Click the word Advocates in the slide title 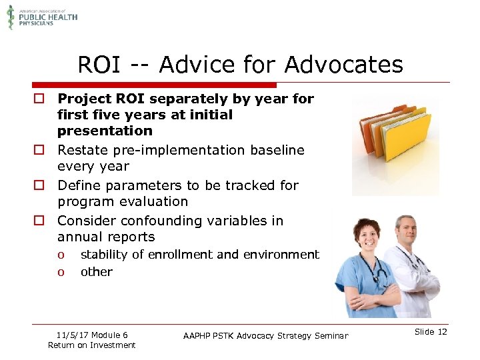coord(343,65)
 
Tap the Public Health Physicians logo coord(42,17)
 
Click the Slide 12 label coord(431,332)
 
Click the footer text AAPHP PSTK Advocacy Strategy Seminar coord(265,335)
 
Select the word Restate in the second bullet coord(83,150)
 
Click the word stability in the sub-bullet coord(104,255)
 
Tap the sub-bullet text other coord(97,272)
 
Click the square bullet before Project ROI coord(40,99)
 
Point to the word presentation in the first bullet coord(105,131)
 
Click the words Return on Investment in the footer coord(92,345)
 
